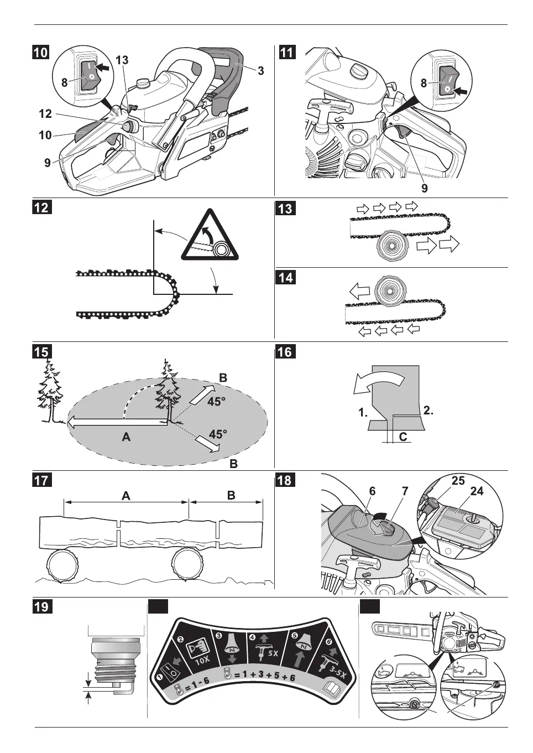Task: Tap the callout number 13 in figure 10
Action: pos(122,60)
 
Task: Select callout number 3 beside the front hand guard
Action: pos(260,70)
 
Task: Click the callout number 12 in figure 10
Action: pos(45,113)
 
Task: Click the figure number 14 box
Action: pos(285,277)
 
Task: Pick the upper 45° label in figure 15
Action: pos(216,402)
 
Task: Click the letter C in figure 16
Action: pos(403,437)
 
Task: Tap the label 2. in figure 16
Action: pos(428,411)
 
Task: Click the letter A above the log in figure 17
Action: pos(126,496)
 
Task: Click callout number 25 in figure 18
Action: pos(458,481)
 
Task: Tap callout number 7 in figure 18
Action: pos(405,491)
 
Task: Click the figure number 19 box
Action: pos(41,606)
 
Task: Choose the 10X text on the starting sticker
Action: pos(202,659)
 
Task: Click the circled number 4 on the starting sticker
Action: pos(253,637)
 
